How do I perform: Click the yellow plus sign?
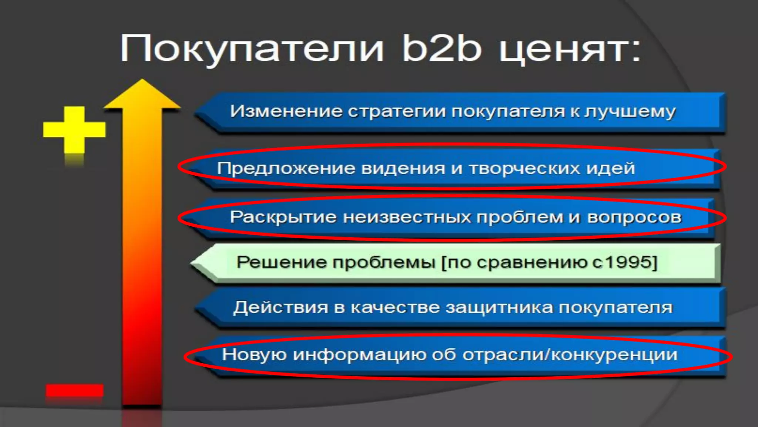(74, 130)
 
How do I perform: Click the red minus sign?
(74, 391)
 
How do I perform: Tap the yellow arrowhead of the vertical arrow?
(142, 95)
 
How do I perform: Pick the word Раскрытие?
(283, 217)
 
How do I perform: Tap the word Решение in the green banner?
(281, 262)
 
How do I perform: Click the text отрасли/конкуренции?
(570, 355)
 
